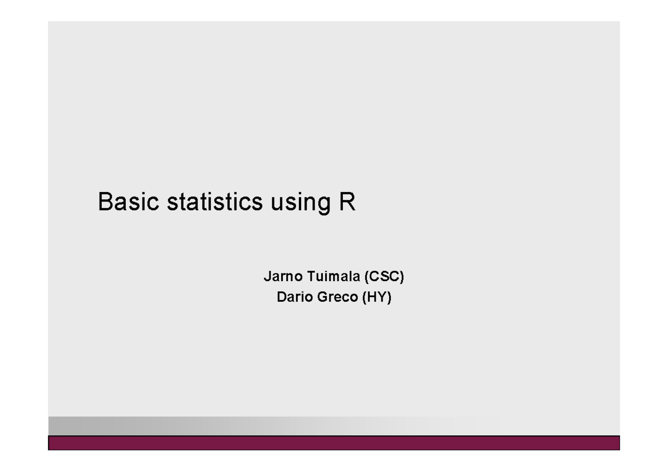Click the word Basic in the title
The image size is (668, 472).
pos(121,202)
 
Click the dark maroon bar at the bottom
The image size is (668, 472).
pos(334,442)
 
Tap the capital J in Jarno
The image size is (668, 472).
pos(266,276)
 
